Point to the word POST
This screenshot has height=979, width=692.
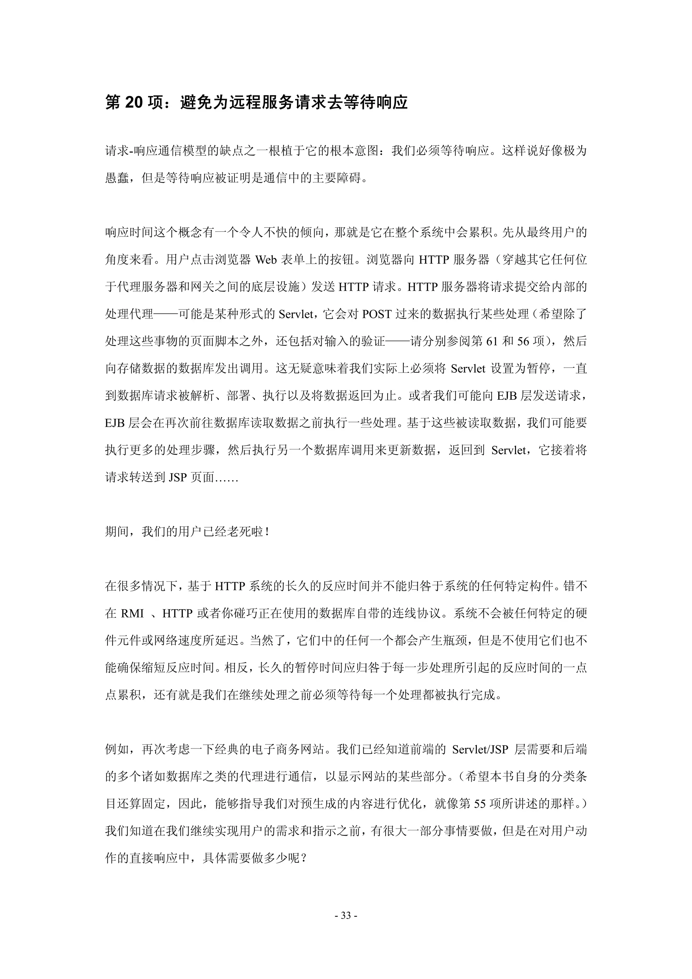[x=376, y=314]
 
